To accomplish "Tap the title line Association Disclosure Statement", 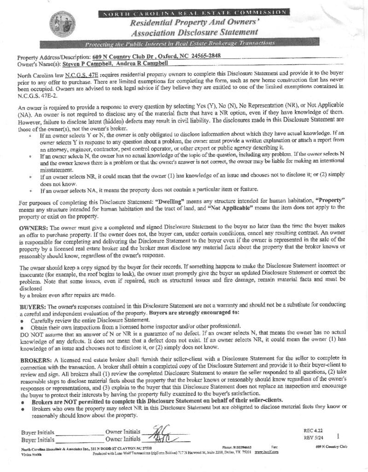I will (194, 32).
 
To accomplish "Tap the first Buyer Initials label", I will (38, 433).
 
